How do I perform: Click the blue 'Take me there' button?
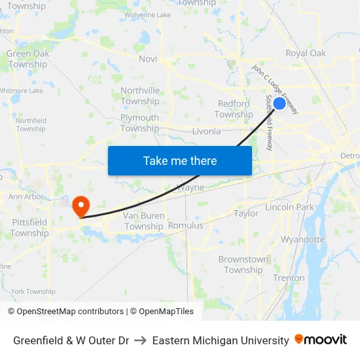(180, 160)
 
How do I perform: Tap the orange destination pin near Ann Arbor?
(81, 206)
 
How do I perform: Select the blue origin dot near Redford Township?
(279, 103)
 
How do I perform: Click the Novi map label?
(148, 59)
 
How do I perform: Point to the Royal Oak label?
(306, 53)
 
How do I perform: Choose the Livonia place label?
(206, 131)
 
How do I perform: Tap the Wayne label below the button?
(191, 187)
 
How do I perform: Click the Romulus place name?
(186, 225)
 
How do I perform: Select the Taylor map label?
(246, 213)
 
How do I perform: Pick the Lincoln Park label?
(290, 207)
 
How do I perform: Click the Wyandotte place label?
(302, 240)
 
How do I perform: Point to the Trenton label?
(289, 278)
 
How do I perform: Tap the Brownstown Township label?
(243, 264)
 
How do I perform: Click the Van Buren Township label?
(143, 221)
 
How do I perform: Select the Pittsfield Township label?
(29, 228)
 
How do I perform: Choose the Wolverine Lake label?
(147, 15)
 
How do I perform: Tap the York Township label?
(33, 291)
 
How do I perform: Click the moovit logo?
(321, 340)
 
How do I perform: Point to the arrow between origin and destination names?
(141, 340)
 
